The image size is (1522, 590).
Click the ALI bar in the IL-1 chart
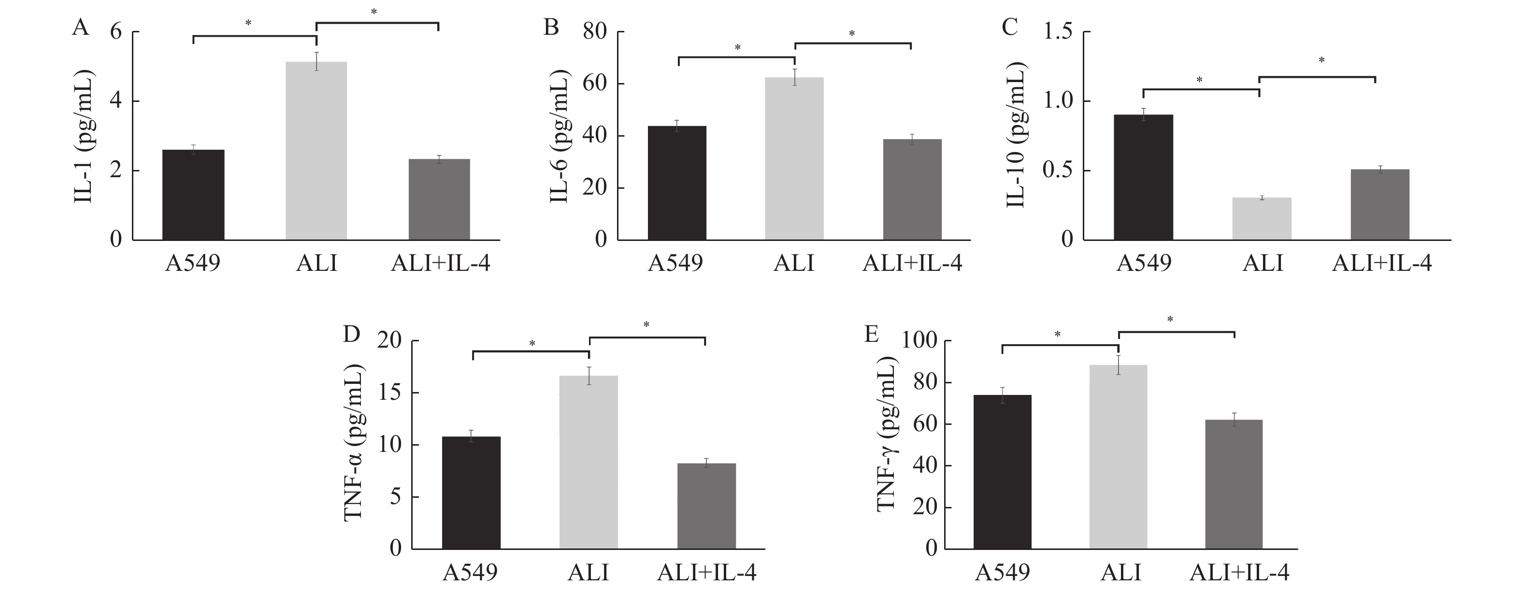(316, 151)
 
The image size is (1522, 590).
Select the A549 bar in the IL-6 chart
(676, 183)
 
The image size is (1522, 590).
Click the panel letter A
(80, 28)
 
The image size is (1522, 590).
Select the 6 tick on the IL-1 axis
(116, 31)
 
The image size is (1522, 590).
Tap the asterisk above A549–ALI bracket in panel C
(1199, 80)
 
